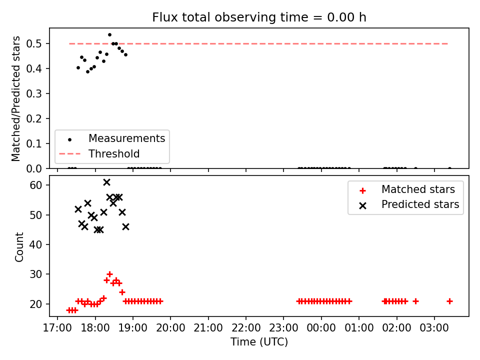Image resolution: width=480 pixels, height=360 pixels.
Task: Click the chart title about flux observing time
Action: [259, 17]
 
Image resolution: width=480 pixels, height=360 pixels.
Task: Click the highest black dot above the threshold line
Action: [109, 35]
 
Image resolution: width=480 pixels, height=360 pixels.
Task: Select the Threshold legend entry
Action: [99, 153]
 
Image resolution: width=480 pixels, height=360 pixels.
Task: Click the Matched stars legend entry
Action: [407, 190]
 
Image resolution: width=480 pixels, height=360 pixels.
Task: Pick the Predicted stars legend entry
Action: [409, 205]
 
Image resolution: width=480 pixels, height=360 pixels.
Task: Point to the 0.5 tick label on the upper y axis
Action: [33, 44]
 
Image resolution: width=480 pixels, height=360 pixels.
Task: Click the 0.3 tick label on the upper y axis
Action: [33, 93]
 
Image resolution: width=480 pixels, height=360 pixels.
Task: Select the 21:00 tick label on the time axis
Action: [208, 328]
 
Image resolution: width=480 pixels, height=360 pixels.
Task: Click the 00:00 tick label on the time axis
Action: [321, 328]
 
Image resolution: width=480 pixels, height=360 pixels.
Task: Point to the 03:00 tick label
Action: [434, 328]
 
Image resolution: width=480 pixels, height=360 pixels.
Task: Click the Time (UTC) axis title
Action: [259, 342]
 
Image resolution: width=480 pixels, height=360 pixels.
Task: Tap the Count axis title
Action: [19, 246]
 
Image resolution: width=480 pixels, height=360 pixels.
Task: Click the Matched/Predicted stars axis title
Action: [16, 98]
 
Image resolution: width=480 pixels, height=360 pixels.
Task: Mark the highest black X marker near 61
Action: [106, 182]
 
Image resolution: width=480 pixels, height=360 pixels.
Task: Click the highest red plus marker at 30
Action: [109, 274]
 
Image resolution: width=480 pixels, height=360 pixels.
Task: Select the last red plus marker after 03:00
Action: [449, 301]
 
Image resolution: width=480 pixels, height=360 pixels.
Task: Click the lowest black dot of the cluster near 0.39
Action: [87, 71]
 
